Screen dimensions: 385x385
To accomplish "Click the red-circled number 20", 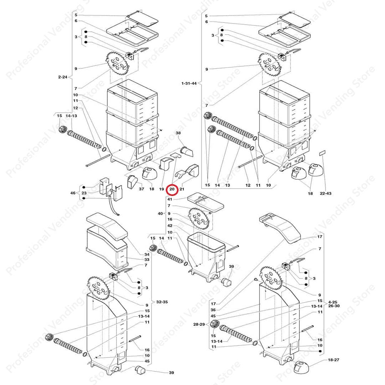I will [x=172, y=189].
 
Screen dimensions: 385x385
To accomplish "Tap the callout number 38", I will [x=179, y=133].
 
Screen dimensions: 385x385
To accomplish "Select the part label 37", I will [x=142, y=189].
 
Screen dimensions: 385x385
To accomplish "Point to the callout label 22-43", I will [x=325, y=194].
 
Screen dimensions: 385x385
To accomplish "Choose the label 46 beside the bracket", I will [x=73, y=193].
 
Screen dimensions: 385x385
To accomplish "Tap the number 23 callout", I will [x=84, y=193].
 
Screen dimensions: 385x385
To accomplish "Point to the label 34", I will [x=137, y=255].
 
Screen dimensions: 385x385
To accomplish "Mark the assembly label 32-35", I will [x=162, y=302].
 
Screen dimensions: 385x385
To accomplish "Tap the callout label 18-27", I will [x=334, y=360].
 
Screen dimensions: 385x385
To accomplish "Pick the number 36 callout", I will [x=213, y=310].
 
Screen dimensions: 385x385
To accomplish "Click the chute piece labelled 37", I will [x=132, y=182].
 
